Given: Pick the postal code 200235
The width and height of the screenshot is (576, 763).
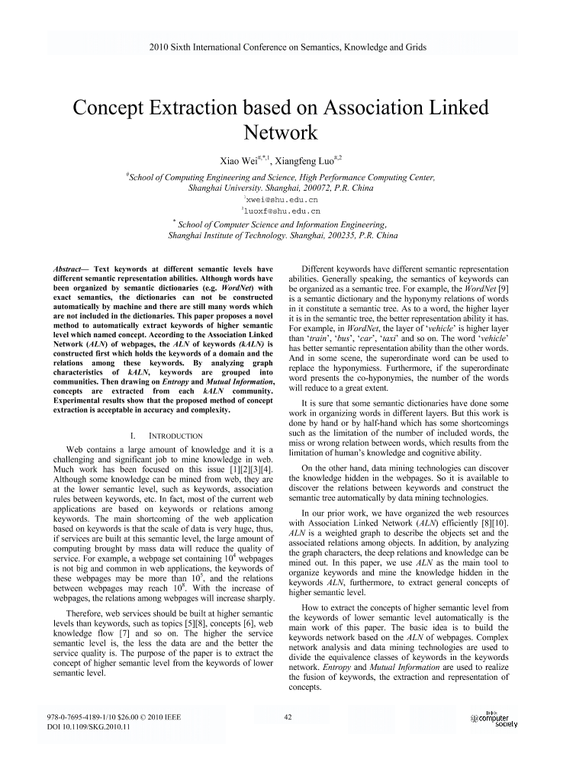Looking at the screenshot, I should [339, 236].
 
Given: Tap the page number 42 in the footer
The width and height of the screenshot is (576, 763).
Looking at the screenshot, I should [288, 716].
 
